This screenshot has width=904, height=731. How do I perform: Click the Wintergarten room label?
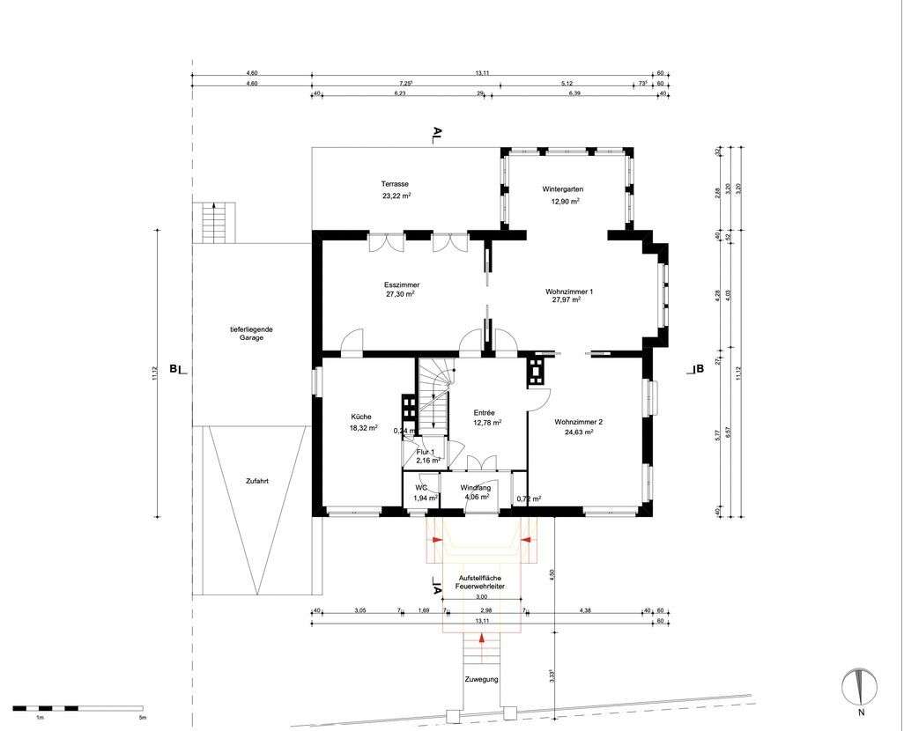tap(562, 189)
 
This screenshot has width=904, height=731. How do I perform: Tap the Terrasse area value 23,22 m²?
tap(395, 196)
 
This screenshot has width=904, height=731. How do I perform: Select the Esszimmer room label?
tap(401, 285)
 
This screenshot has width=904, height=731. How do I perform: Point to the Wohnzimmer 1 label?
tap(569, 291)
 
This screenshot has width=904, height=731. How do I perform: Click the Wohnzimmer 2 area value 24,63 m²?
tap(578, 432)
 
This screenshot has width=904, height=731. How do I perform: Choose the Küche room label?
tap(361, 417)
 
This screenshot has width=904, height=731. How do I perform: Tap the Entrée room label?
tap(485, 412)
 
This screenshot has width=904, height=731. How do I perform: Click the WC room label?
tap(421, 487)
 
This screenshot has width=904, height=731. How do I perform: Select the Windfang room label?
tap(476, 487)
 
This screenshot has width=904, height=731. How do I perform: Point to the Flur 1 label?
tap(426, 452)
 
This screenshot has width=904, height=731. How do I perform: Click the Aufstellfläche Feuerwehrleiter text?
tap(480, 580)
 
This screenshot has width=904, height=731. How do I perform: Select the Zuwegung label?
tap(482, 679)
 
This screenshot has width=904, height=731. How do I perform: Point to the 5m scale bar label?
tap(142, 718)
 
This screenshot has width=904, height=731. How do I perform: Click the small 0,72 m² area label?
tap(529, 498)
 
